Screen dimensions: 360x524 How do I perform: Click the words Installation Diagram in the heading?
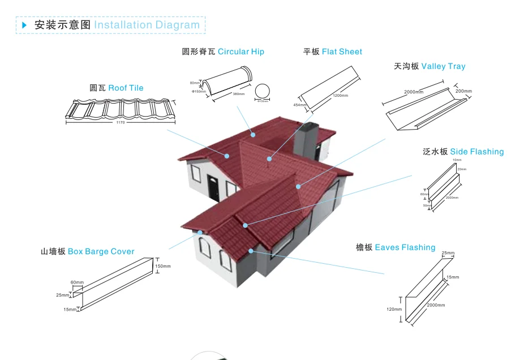[147, 25]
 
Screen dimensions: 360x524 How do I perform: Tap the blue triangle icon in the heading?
[24, 25]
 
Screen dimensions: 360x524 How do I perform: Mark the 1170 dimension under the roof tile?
[120, 123]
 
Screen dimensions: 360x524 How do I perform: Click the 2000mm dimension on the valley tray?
[414, 92]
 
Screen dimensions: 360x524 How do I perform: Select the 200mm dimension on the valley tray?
[463, 91]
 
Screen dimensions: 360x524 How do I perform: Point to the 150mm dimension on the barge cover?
[162, 266]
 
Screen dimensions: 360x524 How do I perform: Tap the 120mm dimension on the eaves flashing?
[394, 309]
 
